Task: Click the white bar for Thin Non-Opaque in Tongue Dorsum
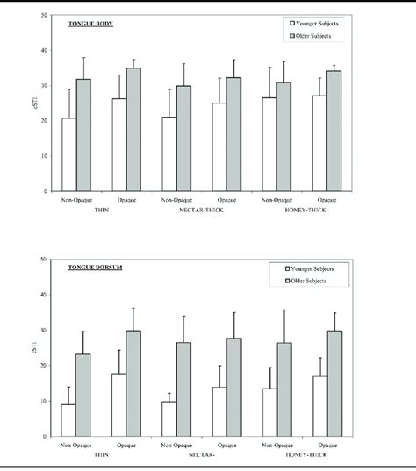pos(68,420)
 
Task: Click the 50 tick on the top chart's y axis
pos(45,14)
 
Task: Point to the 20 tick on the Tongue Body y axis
pos(45,120)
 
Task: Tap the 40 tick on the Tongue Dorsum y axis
pos(45,295)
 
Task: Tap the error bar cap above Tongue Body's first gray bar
pos(84,58)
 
